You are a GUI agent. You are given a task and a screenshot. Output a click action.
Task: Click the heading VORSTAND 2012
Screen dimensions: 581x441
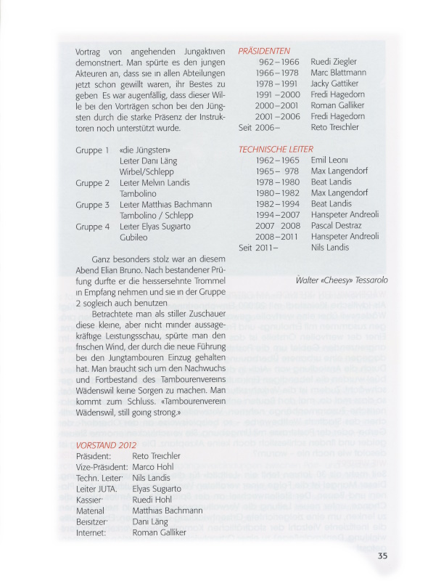pyautogui.click(x=106, y=444)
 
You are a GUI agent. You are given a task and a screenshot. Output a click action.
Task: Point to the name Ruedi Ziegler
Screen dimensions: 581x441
pyautogui.click(x=334, y=62)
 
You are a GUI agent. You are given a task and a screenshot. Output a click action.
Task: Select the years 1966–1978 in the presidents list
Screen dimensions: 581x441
pyautogui.click(x=278, y=73)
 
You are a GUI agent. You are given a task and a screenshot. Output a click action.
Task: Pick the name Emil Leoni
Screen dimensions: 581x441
pyautogui.click(x=330, y=160)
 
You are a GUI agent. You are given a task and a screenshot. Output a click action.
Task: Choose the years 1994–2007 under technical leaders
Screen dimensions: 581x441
pyautogui.click(x=278, y=215)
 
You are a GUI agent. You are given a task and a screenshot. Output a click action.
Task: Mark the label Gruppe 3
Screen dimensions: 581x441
pyautogui.click(x=93, y=205)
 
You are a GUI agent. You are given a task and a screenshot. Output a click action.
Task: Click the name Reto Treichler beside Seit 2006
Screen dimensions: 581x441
pyautogui.click(x=335, y=128)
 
